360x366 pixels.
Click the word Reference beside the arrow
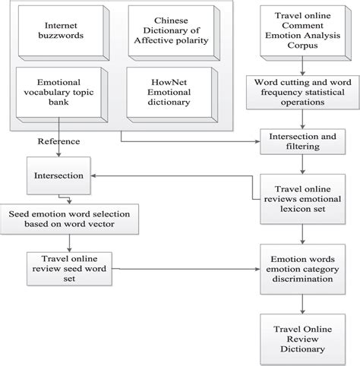tap(58, 141)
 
